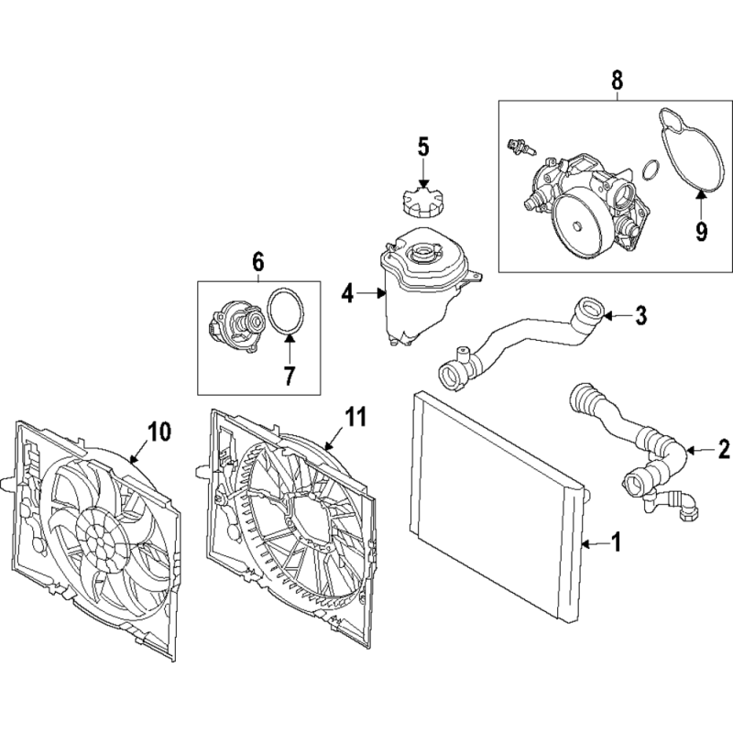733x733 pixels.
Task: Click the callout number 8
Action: [x=617, y=80]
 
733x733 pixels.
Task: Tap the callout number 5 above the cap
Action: [x=423, y=147]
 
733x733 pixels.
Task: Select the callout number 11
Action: [x=356, y=417]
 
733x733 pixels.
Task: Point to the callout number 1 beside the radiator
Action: [x=616, y=542]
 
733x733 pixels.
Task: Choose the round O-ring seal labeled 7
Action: [x=285, y=312]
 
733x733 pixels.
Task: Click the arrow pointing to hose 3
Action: [x=615, y=316]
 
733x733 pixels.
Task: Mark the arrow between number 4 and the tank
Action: [x=370, y=293]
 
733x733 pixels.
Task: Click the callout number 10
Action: [x=159, y=431]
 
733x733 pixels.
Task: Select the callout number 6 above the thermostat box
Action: [x=258, y=262]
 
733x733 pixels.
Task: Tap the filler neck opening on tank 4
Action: [x=422, y=254]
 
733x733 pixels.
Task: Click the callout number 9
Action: [x=701, y=231]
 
